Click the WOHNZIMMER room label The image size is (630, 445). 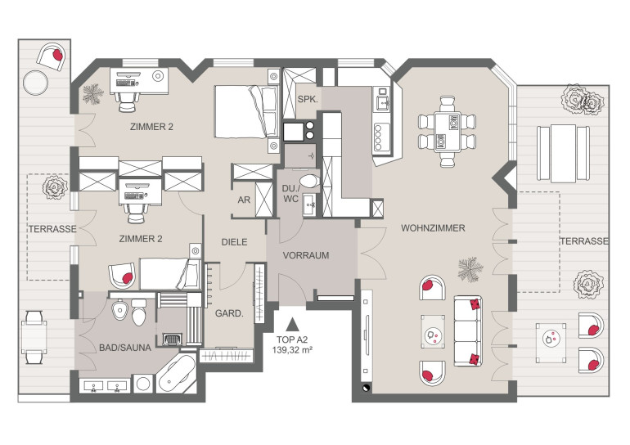[x=433, y=228]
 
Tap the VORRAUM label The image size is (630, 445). [x=306, y=255]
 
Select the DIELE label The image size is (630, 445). [x=235, y=242]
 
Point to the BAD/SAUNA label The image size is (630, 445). [x=125, y=348]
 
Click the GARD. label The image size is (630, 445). [x=229, y=313]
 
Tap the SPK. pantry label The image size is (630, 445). [x=308, y=99]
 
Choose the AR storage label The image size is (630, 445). [x=244, y=200]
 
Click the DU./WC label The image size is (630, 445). [x=290, y=194]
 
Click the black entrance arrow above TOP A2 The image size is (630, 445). [x=293, y=323]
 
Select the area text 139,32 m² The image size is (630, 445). [x=293, y=350]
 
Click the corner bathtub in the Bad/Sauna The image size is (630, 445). [x=177, y=374]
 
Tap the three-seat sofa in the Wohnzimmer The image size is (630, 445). [x=468, y=331]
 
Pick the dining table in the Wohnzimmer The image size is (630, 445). [x=448, y=132]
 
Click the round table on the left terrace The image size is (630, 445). [x=35, y=83]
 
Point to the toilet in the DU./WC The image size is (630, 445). [x=309, y=181]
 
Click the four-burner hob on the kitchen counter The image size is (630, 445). [x=381, y=137]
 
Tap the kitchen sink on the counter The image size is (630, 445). [x=382, y=103]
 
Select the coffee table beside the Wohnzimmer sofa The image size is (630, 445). [x=433, y=332]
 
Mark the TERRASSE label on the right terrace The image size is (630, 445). [x=584, y=241]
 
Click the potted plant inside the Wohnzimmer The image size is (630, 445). [x=470, y=269]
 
